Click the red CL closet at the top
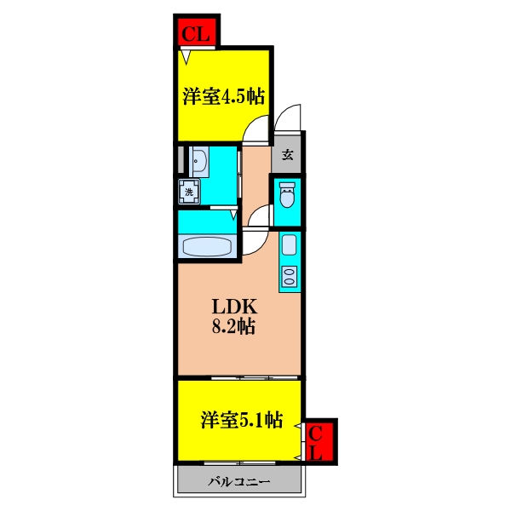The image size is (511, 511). pos(197,32)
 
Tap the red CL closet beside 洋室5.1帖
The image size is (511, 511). pos(319,441)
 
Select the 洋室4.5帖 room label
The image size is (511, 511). pos(223,96)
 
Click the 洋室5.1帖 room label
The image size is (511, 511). pos(242,420)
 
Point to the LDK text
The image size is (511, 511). pos(234,307)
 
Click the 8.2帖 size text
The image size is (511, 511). pos(233,325)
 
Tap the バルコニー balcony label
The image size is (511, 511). pos(239,481)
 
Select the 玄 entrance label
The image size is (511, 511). pos(287,155)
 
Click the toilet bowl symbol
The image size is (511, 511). pos(287,195)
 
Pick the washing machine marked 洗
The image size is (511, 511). pos(189,192)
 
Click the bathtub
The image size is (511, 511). pos(207,246)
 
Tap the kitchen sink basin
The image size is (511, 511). pos(290,244)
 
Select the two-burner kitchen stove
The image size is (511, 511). pos(290,277)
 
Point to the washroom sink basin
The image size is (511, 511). pos(198,161)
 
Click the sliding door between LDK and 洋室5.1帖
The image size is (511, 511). pos(255,378)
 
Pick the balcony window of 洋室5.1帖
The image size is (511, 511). pos(240,462)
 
